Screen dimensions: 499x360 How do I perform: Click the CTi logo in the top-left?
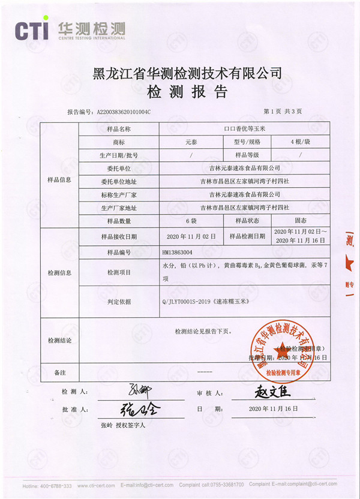(34, 30)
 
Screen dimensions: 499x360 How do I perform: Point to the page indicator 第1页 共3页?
(283, 112)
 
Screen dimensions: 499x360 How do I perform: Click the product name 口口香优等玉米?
(245, 129)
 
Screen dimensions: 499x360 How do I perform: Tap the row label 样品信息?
(59, 180)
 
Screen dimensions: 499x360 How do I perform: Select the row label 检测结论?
(59, 341)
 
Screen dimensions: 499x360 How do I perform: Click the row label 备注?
(59, 372)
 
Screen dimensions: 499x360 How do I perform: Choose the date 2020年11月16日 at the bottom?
(274, 408)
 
